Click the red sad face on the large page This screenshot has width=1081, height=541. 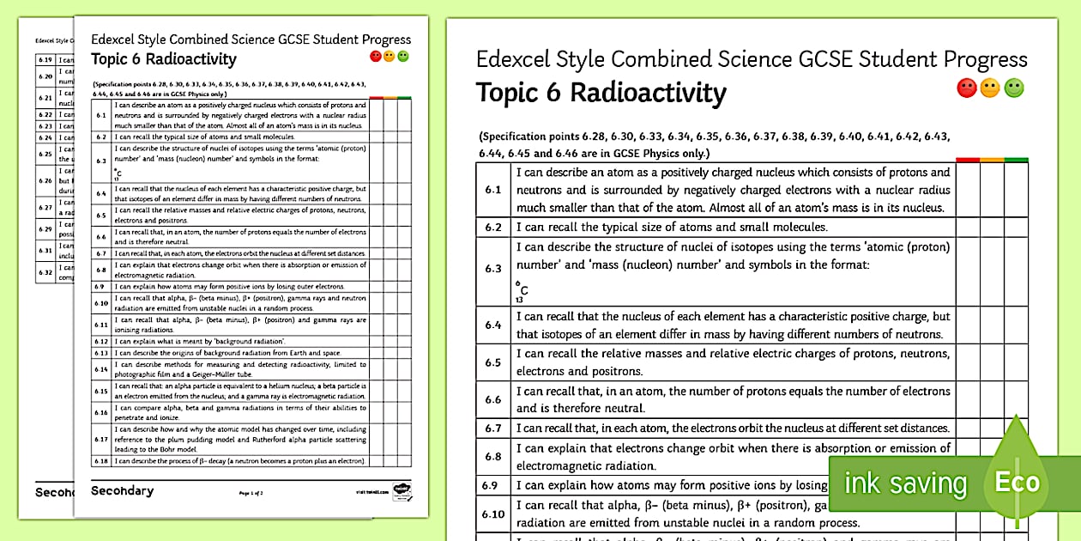(966, 88)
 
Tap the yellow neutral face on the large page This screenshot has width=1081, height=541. (990, 88)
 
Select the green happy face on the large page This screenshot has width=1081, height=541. (1014, 88)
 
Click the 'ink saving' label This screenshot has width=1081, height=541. (905, 483)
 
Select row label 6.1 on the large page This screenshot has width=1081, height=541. (492, 189)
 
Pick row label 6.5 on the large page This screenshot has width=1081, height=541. (492, 362)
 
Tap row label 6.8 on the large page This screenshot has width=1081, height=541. (492, 457)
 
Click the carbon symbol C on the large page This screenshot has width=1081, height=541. (524, 290)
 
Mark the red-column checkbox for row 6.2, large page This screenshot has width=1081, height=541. (968, 228)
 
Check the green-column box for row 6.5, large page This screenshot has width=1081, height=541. (1016, 362)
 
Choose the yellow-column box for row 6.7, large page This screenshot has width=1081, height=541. (992, 428)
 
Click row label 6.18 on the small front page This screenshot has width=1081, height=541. (100, 461)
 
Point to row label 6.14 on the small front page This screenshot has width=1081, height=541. (100, 369)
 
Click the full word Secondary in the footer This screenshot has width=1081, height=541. (122, 491)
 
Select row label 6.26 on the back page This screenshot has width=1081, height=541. (45, 180)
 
